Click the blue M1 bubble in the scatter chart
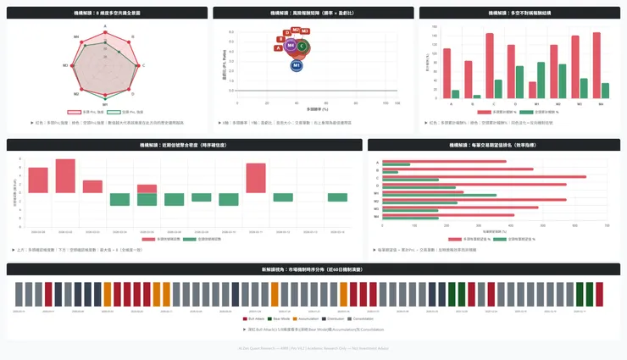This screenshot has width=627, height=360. [x=297, y=65]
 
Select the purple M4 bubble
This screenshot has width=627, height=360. [x=291, y=46]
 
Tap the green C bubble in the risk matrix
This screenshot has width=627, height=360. [x=302, y=47]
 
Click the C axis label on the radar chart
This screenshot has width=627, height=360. [x=143, y=65]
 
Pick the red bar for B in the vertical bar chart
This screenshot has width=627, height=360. [x=469, y=80]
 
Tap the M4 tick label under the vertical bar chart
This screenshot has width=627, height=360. [x=601, y=104]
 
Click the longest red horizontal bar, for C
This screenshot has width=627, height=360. [x=484, y=176]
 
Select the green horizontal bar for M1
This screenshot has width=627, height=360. [x=440, y=196]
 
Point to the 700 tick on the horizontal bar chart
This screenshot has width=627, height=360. [x=607, y=225]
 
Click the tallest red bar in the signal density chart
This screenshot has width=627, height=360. [x=65, y=176]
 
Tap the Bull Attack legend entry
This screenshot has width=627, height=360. [x=255, y=319]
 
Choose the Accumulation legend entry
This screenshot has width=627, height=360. [x=308, y=319]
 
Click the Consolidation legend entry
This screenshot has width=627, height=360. [x=363, y=319]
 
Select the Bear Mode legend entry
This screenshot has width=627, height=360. [x=281, y=319]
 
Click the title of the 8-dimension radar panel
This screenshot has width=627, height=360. [x=106, y=14]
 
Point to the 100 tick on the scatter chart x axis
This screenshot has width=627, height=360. [x=386, y=103]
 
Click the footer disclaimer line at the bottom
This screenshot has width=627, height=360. [x=313, y=347]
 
